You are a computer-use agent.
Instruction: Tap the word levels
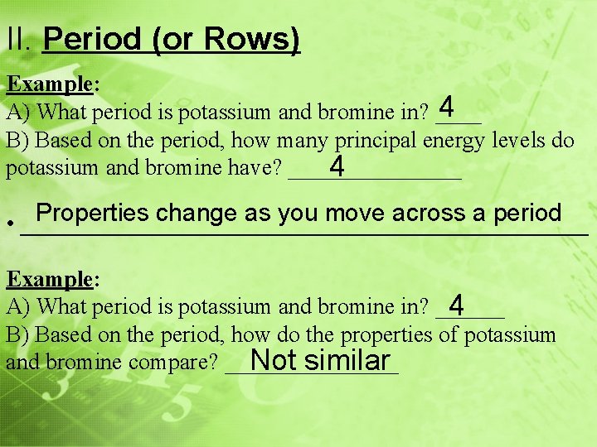(x=521, y=139)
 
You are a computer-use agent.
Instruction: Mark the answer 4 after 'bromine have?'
(x=337, y=168)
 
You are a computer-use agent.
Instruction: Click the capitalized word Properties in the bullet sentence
(x=92, y=213)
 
